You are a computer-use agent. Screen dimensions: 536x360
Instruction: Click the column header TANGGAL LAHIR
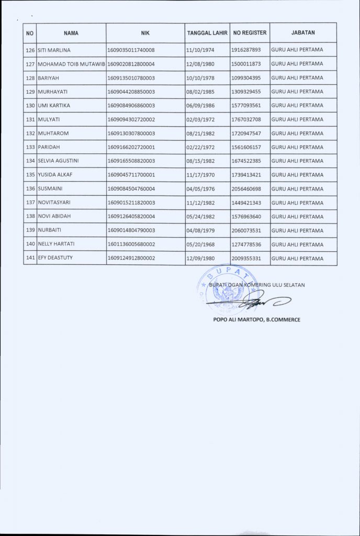pos(207,33)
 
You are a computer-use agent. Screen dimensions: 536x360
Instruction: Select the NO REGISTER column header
pos(250,33)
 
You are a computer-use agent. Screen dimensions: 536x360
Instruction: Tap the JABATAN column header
pos(302,33)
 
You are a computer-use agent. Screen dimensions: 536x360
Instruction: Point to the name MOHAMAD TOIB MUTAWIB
pos(71,64)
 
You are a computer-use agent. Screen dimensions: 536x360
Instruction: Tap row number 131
pos(30,119)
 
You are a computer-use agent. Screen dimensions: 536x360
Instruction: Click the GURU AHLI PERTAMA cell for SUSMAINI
pos(297,189)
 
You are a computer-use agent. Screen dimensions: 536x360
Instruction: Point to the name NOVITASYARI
pos(56,203)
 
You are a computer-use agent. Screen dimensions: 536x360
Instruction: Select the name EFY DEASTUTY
pos(56,258)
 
